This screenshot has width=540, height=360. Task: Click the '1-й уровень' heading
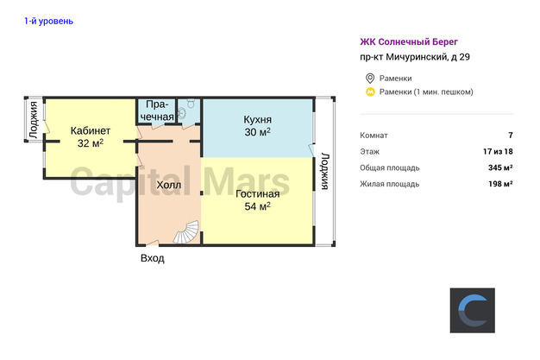click(48, 22)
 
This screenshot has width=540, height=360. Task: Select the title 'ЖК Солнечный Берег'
click(409, 42)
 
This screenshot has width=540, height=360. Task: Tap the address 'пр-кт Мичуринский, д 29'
click(415, 57)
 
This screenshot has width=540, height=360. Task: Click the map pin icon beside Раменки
click(370, 79)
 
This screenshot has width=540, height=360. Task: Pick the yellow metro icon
click(370, 92)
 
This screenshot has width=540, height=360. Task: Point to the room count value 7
click(511, 136)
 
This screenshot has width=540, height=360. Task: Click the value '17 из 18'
click(498, 151)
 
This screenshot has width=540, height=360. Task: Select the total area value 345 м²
click(500, 167)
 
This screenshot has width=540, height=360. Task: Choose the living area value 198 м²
click(500, 184)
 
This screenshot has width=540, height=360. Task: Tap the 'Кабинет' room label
click(91, 130)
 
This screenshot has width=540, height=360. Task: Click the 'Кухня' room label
click(257, 120)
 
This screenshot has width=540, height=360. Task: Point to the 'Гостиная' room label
click(257, 193)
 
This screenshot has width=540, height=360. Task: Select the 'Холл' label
click(169, 185)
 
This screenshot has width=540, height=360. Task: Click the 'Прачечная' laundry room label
click(157, 111)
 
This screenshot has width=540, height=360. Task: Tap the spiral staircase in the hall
click(186, 232)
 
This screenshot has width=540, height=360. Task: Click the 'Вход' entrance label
click(152, 258)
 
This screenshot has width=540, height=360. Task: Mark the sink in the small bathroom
click(182, 113)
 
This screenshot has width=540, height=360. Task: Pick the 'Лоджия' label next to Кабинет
click(34, 120)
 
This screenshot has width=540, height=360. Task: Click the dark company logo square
click(472, 310)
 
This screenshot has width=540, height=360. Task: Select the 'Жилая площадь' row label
click(390, 184)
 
